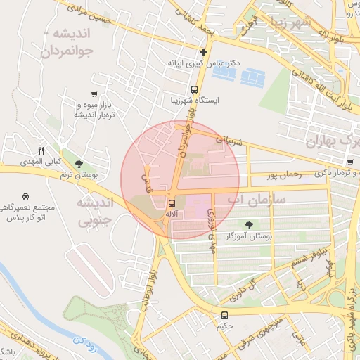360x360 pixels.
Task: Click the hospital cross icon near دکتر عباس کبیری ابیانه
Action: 204,52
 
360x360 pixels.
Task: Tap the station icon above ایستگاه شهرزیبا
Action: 194,89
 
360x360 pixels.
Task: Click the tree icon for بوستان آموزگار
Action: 249,225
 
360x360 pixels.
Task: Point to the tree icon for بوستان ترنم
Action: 78,163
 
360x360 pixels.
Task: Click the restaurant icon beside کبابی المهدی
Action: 40,150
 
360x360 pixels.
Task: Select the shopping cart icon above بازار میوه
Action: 94,94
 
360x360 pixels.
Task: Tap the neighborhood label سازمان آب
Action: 256,200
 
